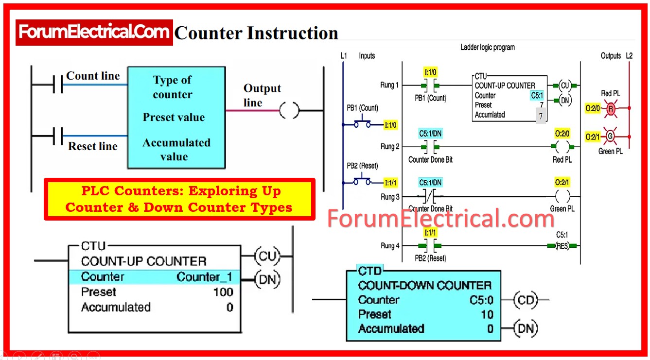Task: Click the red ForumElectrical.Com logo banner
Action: [x=94, y=32]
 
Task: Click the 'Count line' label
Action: [x=93, y=76]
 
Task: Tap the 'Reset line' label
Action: [x=93, y=146]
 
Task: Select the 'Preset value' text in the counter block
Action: [x=174, y=118]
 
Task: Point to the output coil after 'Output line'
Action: [x=289, y=111]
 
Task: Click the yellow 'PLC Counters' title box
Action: [x=179, y=199]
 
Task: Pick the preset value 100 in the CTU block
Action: [x=223, y=292]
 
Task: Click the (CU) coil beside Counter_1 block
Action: [x=267, y=256]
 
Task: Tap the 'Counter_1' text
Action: [x=204, y=277]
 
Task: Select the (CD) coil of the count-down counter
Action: [x=526, y=300]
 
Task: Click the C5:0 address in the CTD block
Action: [x=481, y=300]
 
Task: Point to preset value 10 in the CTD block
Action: [x=487, y=314]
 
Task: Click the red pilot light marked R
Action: [x=610, y=109]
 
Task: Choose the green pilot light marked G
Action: [x=610, y=137]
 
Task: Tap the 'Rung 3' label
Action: [x=390, y=197]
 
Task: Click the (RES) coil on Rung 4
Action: [x=562, y=246]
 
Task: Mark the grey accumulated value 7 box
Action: [x=541, y=116]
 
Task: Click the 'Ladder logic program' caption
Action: [x=487, y=47]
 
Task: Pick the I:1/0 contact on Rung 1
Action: [x=430, y=86]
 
